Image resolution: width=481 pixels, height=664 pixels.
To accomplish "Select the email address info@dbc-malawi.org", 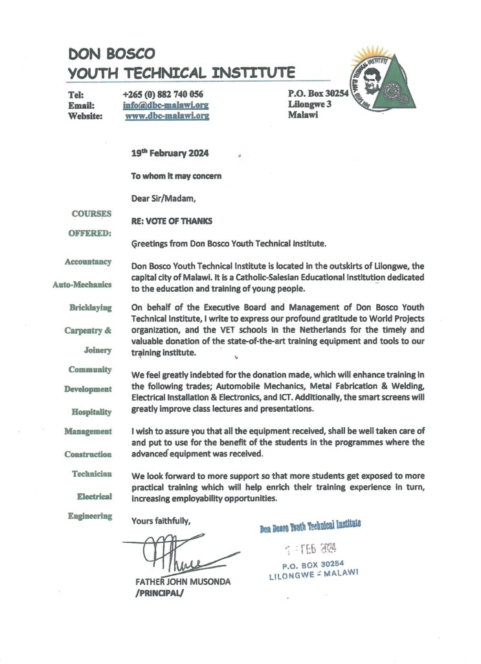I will click(x=166, y=105).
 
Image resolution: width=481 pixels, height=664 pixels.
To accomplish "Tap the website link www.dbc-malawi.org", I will click(x=166, y=116).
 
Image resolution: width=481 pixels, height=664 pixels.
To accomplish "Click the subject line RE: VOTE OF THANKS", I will click(x=172, y=220).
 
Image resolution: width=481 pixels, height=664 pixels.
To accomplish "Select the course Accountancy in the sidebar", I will click(x=88, y=261).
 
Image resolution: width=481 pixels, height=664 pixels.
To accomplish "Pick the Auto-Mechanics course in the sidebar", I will click(x=82, y=284).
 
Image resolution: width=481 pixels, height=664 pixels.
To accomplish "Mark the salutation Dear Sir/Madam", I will click(x=163, y=198).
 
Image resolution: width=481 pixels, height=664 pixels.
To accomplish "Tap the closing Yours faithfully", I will click(x=161, y=520).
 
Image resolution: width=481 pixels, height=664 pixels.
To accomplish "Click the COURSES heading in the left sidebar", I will click(x=91, y=213).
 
